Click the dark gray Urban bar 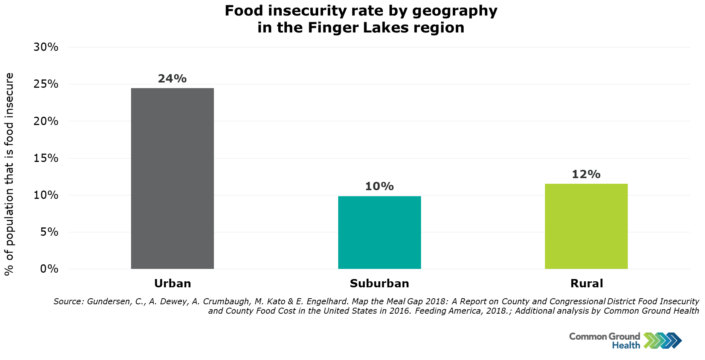pos(172,178)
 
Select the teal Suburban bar pos(379,232)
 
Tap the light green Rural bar pos(586,226)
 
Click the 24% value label pos(172,78)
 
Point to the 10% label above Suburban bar pos(379,186)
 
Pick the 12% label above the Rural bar pos(586,174)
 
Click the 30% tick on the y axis pos(46,47)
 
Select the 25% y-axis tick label pos(46,84)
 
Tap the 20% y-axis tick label pos(46,121)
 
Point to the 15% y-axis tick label pos(46,158)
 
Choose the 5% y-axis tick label pos(49,232)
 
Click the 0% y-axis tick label pos(49,269)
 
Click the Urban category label pos(172,284)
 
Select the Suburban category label pos(379,284)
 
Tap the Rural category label pos(586,284)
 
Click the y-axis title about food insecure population pos(9,174)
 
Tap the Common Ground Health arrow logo pos(662,340)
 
